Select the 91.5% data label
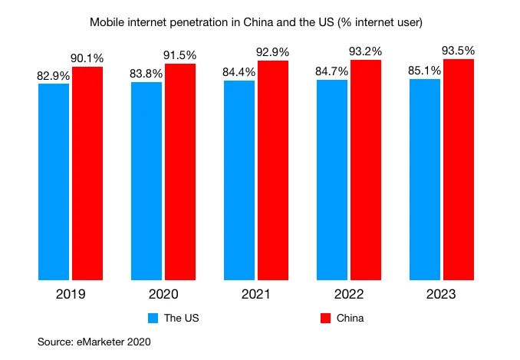pos(180,56)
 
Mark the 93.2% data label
pos(366,52)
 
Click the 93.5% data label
pos(459,51)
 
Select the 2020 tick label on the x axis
pos(163,295)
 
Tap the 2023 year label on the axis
pos(442,295)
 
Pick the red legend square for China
pos(324,318)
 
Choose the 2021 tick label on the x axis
pos(256,295)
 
